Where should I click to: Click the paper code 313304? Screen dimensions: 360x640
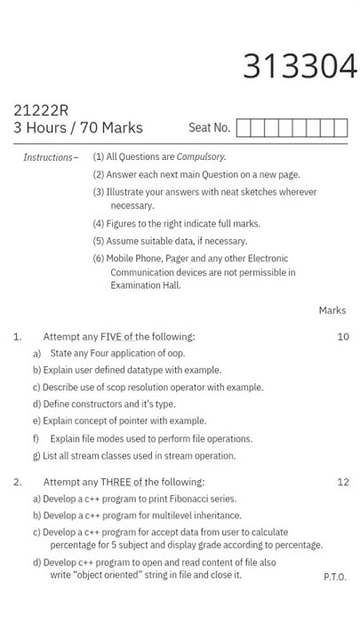coord(300,67)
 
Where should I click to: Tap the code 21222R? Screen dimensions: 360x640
coord(41,110)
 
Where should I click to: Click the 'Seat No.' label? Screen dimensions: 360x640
coord(209,128)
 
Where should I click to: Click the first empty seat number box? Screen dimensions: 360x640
coord(244,128)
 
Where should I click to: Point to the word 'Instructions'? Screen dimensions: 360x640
coord(48,157)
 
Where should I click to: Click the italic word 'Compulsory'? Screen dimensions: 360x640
coord(200,157)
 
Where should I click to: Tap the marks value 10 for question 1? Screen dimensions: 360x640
coord(343,337)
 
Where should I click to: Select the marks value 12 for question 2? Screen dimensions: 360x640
coord(343,482)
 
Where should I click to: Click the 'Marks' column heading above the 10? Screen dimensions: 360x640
coord(332,310)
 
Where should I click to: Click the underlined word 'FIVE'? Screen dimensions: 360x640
coord(111,337)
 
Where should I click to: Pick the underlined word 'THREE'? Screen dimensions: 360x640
coord(116,482)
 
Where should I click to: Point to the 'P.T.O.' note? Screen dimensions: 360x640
coord(335,577)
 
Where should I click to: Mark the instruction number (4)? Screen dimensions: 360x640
coord(99,224)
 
